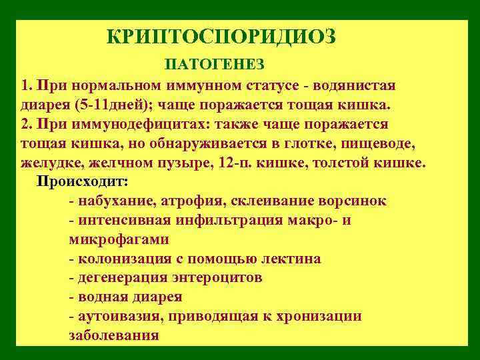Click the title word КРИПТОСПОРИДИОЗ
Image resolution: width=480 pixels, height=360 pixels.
click(221, 36)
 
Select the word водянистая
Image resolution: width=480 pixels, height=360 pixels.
click(357, 86)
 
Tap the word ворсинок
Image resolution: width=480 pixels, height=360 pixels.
click(353, 201)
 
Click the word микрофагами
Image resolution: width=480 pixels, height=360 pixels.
click(118, 239)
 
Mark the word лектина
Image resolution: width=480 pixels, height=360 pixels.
click(292, 258)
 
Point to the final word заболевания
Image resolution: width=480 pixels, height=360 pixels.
click(113, 335)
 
